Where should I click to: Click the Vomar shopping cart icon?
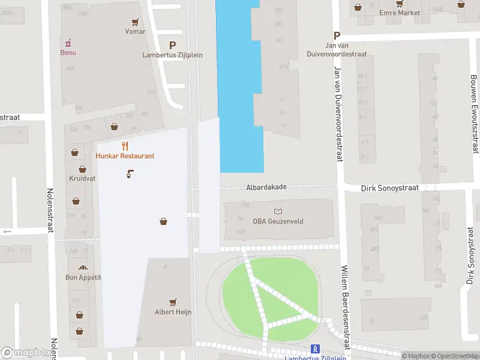(136, 22)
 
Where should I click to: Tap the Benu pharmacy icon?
(68, 42)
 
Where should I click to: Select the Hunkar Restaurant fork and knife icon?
(125, 145)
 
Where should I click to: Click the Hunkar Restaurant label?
(125, 156)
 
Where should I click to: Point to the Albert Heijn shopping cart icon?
(173, 302)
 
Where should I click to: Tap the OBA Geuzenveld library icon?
(278, 211)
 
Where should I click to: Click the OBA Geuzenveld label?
(278, 221)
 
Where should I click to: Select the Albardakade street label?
(266, 187)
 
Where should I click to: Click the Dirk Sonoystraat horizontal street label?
(389, 188)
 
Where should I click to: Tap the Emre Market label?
(400, 13)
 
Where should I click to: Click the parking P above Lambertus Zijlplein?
(173, 44)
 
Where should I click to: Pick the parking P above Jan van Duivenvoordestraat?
(337, 35)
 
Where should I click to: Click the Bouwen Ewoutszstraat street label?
(474, 114)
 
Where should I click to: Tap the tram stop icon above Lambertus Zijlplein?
(315, 349)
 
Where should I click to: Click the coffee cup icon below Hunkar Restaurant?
(130, 175)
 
